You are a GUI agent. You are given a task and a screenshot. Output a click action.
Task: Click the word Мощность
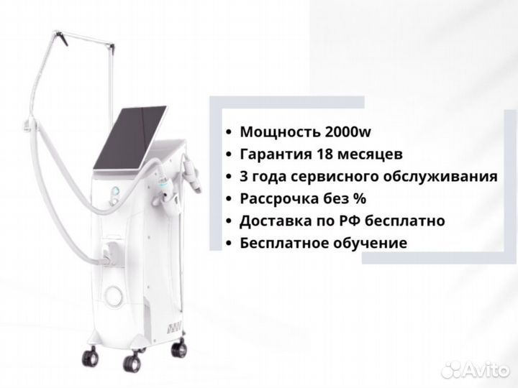coord(280,132)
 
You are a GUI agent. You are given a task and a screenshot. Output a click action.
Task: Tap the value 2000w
coord(348,131)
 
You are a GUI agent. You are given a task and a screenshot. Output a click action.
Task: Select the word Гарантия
coord(276,154)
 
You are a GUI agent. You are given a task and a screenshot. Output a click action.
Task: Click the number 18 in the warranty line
coord(324,154)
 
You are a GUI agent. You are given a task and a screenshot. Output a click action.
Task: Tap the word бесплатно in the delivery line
coord(405,221)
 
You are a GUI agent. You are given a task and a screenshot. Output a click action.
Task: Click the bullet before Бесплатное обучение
coord(228,244)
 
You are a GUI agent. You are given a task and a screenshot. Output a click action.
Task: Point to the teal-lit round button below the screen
coord(116,190)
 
